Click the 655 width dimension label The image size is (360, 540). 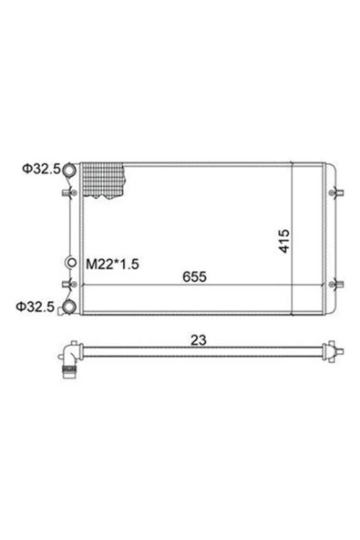click(x=194, y=276)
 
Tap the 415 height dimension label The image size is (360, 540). click(x=284, y=241)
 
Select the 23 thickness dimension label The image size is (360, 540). click(x=199, y=340)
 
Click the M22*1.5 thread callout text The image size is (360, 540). click(x=112, y=265)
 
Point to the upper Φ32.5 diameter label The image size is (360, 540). click(x=41, y=169)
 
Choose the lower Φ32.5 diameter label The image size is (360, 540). click(x=36, y=306)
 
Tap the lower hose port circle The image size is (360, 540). click(x=69, y=306)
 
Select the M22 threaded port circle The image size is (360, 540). click(x=72, y=263)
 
